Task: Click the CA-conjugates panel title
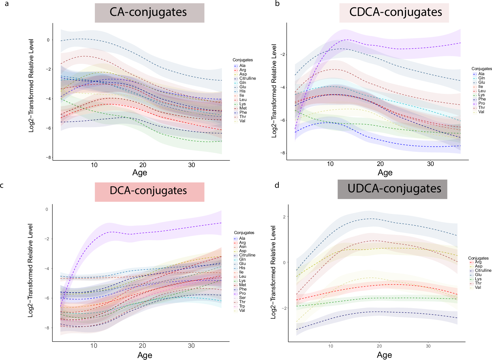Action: (148, 12)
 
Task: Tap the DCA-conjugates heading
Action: (148, 191)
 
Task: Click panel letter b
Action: (277, 3)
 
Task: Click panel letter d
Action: (277, 185)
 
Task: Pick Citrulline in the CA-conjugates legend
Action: (247, 78)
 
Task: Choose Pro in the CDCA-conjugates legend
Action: (482, 103)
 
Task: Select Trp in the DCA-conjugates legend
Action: (242, 306)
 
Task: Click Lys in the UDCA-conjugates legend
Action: (478, 279)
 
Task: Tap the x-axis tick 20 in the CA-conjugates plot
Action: (143, 165)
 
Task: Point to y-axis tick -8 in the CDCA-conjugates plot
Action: (283, 153)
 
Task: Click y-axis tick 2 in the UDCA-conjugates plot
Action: (284, 217)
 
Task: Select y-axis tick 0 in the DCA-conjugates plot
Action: (47, 209)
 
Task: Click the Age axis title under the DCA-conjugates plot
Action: (145, 355)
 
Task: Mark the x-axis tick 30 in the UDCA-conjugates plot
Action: (428, 346)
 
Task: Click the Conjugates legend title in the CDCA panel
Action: (481, 69)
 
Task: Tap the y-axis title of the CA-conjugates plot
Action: (31, 86)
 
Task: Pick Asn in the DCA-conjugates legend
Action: (242, 247)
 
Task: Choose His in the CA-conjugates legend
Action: (242, 91)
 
